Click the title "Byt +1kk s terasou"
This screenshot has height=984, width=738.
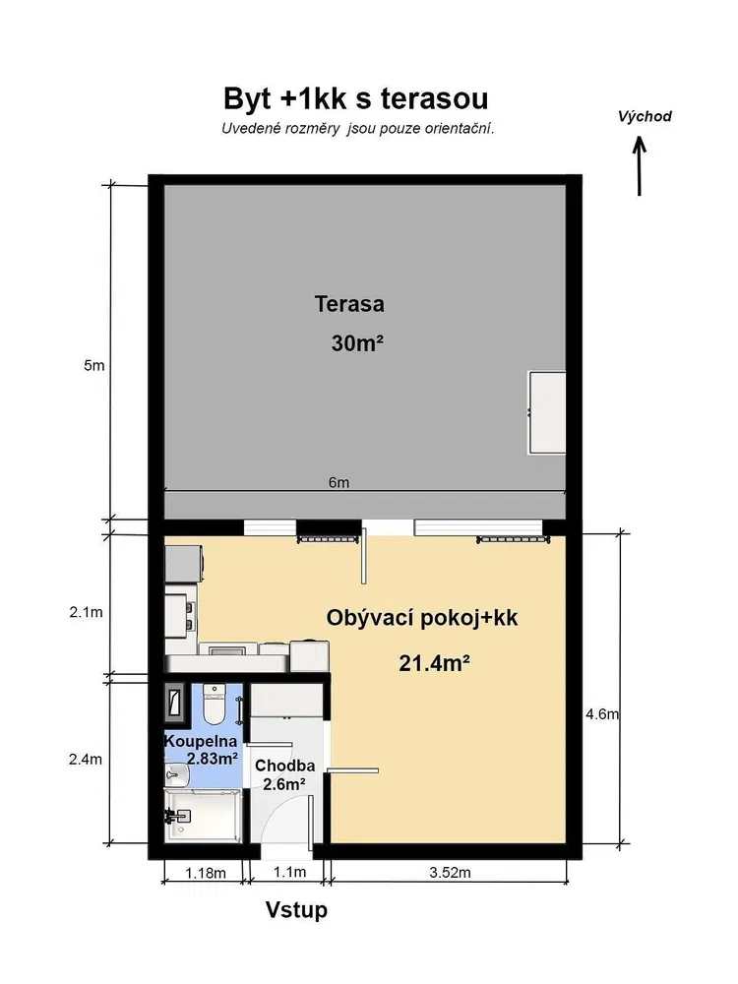[x=356, y=98]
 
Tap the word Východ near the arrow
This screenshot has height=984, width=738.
[x=645, y=116]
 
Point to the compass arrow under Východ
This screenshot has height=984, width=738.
[x=639, y=167]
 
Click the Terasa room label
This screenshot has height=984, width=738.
[x=349, y=304]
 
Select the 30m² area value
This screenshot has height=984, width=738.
[x=358, y=343]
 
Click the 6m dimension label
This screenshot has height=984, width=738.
[x=338, y=482]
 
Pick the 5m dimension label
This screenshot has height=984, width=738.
[x=94, y=365]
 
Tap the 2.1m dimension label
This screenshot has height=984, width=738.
[x=86, y=612]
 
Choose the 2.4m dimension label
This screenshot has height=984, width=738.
[x=86, y=760]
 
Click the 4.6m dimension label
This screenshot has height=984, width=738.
[x=602, y=714]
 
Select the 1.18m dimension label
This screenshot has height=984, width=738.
[x=206, y=873]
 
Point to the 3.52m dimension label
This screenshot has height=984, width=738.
[x=450, y=872]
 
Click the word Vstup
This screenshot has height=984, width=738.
[x=296, y=909]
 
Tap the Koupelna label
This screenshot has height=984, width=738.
[x=201, y=741]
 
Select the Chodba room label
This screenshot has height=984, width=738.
[x=285, y=766]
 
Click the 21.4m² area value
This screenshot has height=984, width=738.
[x=435, y=662]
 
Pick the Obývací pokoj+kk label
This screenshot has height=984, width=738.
[x=422, y=618]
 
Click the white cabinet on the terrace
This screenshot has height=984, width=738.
[x=547, y=412]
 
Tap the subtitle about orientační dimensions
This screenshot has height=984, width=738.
[x=358, y=129]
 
